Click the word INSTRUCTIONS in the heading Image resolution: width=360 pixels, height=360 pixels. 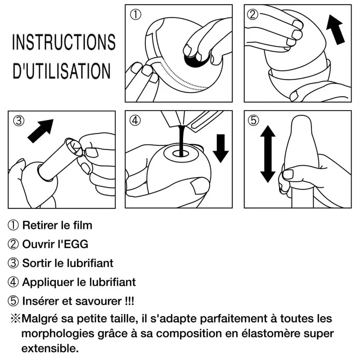pos(63,42)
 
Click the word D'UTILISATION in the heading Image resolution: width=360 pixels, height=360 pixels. pos(62,71)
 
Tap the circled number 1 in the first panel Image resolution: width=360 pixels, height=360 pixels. pos(135,14)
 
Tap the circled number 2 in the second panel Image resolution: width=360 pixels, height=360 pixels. pos(252,14)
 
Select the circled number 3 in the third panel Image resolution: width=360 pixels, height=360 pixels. pos(18,121)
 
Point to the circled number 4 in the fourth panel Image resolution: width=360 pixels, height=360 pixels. pos(135,120)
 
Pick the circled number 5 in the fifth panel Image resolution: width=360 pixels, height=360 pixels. pos(253,120)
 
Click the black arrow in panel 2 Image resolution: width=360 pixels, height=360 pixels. pos(335,29)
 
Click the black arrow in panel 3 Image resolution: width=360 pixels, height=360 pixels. pos(40,131)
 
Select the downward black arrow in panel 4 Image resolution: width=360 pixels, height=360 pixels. pos(220,148)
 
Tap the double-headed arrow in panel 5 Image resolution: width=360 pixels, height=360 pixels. pos(268,154)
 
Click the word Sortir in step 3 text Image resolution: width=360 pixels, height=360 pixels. pos(37,263)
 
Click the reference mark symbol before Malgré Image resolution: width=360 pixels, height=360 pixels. pos(15,319)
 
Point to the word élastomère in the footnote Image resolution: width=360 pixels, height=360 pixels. pos(271,333)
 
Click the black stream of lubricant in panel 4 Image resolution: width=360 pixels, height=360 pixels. pos(182,140)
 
